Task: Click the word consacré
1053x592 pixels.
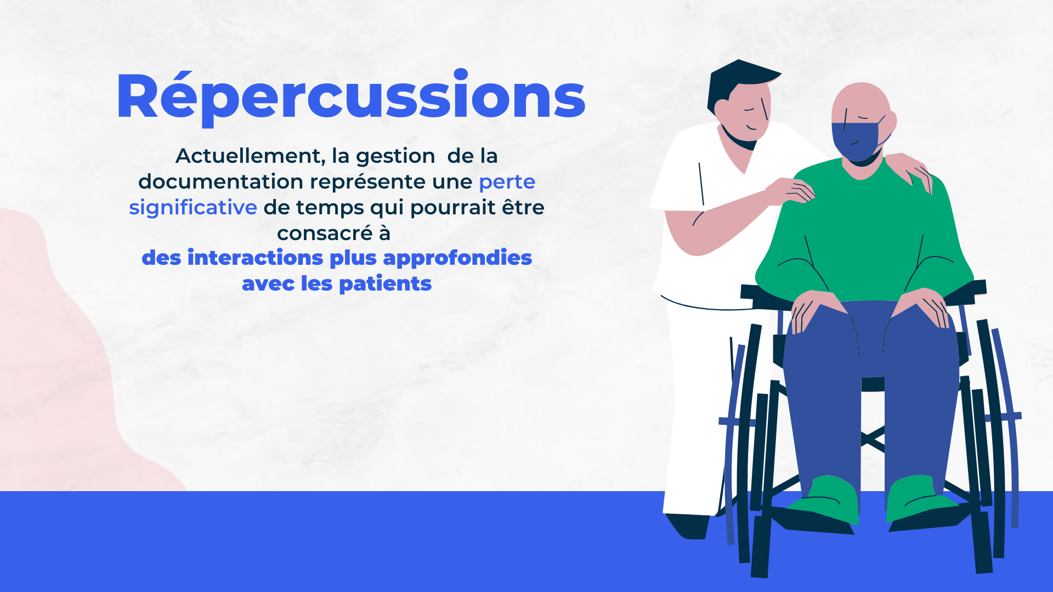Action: tap(325, 234)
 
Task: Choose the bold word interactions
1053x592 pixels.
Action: tap(256, 258)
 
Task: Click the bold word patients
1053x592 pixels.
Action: tap(386, 284)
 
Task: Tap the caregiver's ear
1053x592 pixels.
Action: tap(722, 108)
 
